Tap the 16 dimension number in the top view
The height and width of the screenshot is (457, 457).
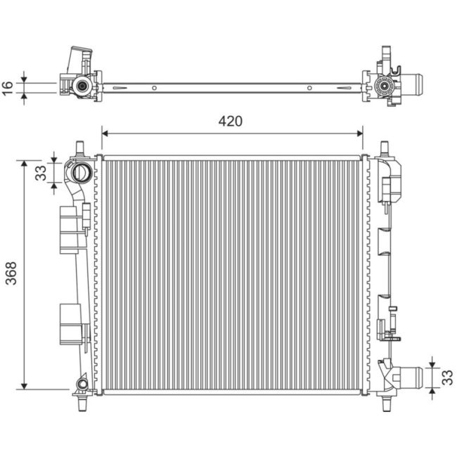pyautogui.click(x=8, y=87)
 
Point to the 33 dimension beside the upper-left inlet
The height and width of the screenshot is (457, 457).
pyautogui.click(x=40, y=172)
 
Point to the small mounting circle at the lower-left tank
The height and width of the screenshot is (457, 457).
pyautogui.click(x=82, y=384)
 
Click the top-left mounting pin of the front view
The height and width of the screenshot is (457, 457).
pyautogui.click(x=79, y=147)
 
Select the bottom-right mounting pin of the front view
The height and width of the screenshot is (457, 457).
pyautogui.click(x=385, y=404)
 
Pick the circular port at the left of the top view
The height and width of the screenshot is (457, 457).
pyautogui.click(x=82, y=87)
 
